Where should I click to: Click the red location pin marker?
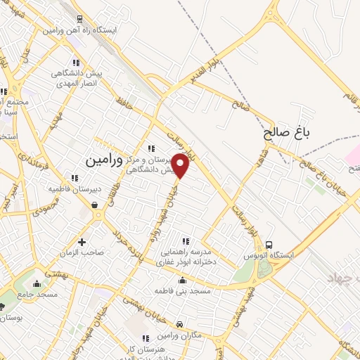click(181, 165)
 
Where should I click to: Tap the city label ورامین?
click(103, 160)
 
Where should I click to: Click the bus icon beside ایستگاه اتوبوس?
click(269, 245)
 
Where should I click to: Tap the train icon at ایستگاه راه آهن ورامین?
click(79, 19)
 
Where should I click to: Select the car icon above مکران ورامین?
click(180, 324)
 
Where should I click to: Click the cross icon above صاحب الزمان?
click(82, 242)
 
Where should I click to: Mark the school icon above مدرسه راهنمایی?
click(186, 242)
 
